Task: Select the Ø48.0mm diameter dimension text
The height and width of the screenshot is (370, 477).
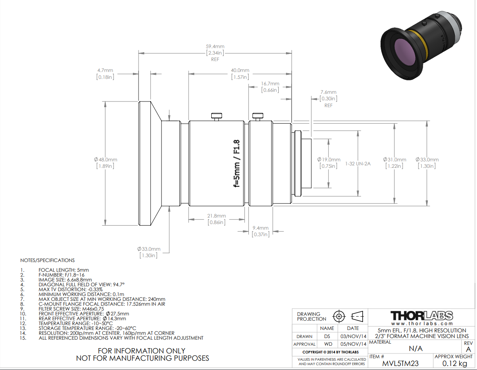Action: click(x=105, y=160)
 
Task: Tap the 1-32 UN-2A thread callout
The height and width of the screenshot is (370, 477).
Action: click(x=358, y=164)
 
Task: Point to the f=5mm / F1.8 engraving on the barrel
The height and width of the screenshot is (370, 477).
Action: click(x=237, y=163)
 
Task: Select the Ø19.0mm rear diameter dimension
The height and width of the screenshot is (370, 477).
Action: click(x=328, y=160)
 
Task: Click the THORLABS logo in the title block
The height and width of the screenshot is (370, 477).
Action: click(x=422, y=315)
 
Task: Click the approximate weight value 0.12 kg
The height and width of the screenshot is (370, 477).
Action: click(x=454, y=364)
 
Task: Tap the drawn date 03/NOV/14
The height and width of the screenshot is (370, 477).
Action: click(x=353, y=336)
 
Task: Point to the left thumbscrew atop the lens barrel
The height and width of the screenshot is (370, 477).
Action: click(x=216, y=116)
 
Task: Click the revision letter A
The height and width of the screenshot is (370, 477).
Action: click(x=469, y=349)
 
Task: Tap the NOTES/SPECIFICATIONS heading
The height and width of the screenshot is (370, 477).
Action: click(x=47, y=260)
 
